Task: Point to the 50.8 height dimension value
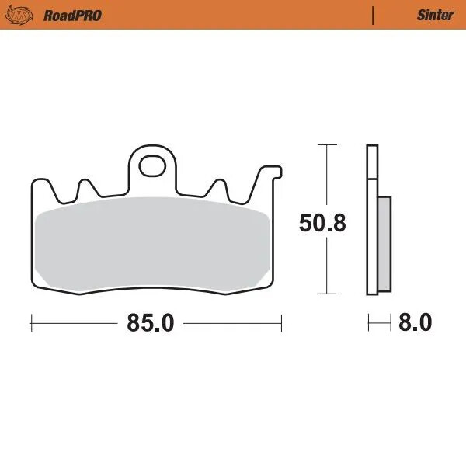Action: [322, 223]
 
